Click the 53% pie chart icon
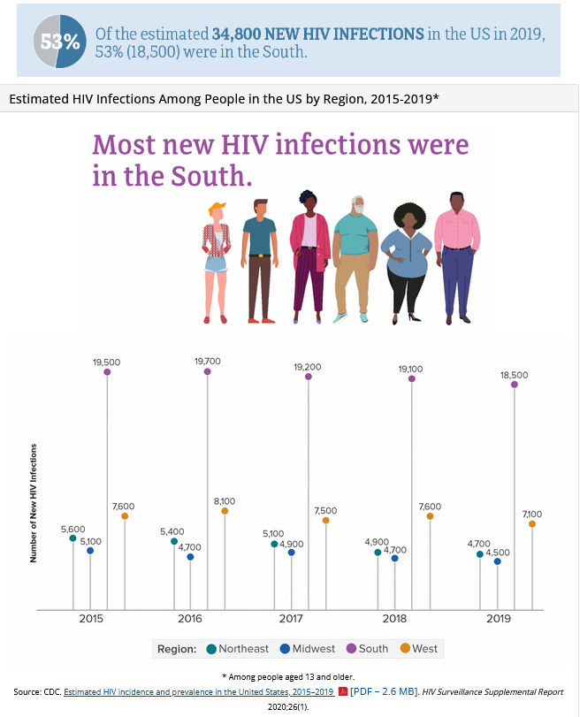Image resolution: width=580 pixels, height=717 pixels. (x=60, y=41)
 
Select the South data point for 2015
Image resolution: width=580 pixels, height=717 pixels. (x=107, y=372)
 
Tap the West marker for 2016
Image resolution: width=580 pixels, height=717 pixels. (x=225, y=511)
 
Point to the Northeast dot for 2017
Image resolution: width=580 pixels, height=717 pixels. (x=274, y=544)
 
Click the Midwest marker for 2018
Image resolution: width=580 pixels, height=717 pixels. (x=394, y=559)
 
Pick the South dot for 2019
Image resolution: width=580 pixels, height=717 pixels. (x=515, y=385)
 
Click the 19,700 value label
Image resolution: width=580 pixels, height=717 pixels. (x=208, y=361)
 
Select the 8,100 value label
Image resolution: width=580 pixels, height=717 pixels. (x=225, y=500)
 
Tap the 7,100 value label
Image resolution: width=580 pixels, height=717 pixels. (x=532, y=514)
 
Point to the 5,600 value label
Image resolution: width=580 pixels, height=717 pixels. (x=73, y=529)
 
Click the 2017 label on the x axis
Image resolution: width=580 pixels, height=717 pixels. (x=292, y=619)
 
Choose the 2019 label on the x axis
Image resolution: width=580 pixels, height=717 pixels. (x=500, y=619)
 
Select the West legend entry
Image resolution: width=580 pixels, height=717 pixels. (x=417, y=649)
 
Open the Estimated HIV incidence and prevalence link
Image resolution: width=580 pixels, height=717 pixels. (x=199, y=691)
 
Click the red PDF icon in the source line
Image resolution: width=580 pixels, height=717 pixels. (x=342, y=691)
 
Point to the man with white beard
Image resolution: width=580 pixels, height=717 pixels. (x=355, y=256)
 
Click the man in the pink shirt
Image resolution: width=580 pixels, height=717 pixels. (x=457, y=256)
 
